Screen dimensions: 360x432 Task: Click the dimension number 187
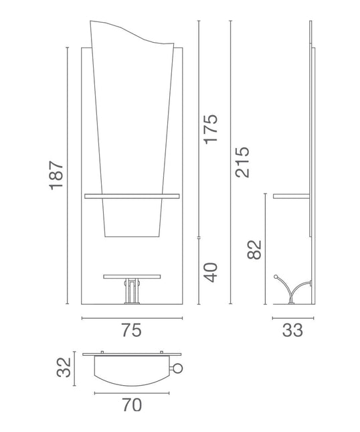pyautogui.click(x=56, y=175)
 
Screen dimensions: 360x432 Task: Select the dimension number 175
pyautogui.click(x=211, y=129)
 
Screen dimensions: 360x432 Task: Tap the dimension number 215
pyautogui.click(x=242, y=162)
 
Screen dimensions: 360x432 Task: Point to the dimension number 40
pyautogui.click(x=211, y=273)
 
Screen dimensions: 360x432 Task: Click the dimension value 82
pyautogui.click(x=254, y=250)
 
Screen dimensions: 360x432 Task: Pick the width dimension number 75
pyautogui.click(x=132, y=330)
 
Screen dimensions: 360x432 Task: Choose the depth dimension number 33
pyautogui.click(x=292, y=330)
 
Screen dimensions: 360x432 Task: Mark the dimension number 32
pyautogui.click(x=64, y=367)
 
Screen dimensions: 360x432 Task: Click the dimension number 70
pyautogui.click(x=132, y=405)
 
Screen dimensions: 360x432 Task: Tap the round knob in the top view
pyautogui.click(x=177, y=368)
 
